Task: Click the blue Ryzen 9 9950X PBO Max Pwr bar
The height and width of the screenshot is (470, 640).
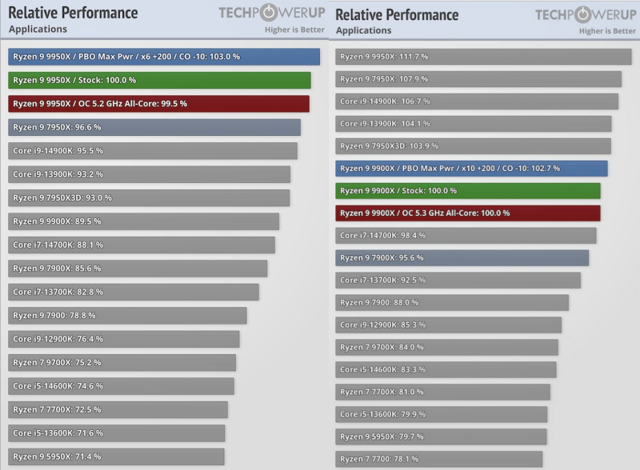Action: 164,57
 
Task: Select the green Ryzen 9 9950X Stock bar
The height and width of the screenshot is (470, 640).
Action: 159,80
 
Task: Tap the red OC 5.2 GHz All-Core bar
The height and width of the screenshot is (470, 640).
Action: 158,104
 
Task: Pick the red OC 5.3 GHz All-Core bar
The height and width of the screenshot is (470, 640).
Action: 468,213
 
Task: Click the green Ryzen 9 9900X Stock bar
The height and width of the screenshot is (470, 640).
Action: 468,190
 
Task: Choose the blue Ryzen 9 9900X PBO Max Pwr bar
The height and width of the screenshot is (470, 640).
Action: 471,169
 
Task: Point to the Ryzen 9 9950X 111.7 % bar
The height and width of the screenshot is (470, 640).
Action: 483,57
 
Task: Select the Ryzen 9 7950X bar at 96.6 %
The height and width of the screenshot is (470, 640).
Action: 154,127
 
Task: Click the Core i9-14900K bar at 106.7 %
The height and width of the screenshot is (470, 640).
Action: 477,102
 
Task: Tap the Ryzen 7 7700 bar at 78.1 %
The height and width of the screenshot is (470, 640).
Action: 438,459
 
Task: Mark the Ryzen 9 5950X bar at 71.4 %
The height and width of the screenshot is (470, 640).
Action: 116,456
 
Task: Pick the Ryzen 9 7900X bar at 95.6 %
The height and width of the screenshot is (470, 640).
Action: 462,257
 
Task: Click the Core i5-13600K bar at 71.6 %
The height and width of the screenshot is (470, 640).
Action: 117,432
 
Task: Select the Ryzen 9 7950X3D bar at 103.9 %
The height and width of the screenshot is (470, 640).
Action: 473,146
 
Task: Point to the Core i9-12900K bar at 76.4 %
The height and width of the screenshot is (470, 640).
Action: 124,339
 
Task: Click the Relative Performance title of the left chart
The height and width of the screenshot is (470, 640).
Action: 73,13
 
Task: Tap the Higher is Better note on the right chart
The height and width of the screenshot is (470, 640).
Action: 607,31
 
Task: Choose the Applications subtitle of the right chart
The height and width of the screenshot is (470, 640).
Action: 364,30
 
